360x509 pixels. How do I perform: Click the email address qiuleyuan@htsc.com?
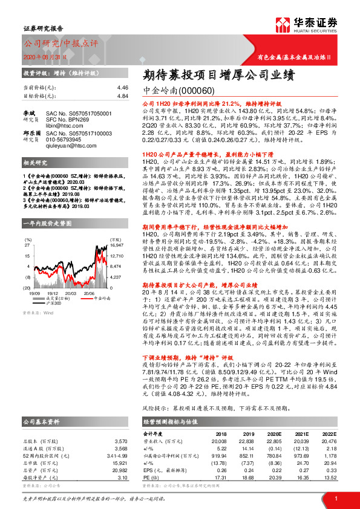[74, 145]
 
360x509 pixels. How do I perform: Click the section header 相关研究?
[34, 163]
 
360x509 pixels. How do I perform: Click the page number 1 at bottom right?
[335, 498]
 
